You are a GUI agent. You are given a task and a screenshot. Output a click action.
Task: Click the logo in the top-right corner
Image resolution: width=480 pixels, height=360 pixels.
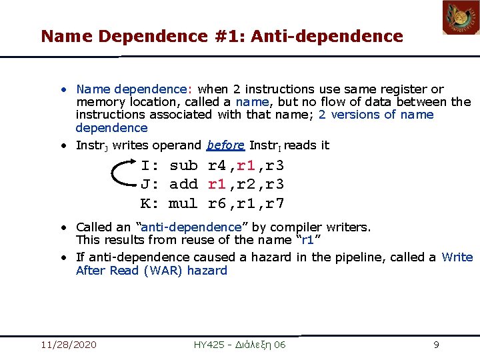[x=461, y=17]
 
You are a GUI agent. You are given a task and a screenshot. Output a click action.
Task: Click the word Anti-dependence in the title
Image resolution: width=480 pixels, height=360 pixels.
[x=328, y=36]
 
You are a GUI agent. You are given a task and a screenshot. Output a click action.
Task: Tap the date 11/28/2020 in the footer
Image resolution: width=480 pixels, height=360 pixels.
[x=68, y=345]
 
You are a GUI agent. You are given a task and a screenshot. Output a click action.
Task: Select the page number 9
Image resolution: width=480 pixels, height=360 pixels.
[x=436, y=345]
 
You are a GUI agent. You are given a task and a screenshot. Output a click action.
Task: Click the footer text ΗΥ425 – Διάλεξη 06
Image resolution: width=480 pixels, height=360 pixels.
[x=239, y=345]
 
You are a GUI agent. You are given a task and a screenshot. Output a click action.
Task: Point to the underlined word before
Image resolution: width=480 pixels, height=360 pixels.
[x=225, y=145]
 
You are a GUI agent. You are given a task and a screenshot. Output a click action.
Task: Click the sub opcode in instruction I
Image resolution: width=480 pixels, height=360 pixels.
[x=183, y=165]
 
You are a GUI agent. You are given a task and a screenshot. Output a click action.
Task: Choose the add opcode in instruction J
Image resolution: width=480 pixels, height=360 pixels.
[x=183, y=184]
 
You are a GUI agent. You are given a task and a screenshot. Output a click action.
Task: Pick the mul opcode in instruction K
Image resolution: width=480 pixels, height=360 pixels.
[x=183, y=203]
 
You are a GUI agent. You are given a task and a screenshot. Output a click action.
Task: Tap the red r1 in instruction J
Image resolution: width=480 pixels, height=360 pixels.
[x=217, y=184]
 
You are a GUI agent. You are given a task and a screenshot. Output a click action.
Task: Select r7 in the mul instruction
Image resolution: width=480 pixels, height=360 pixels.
[x=276, y=203]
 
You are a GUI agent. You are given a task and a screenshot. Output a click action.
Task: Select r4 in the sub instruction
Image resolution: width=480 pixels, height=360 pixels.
[x=217, y=165]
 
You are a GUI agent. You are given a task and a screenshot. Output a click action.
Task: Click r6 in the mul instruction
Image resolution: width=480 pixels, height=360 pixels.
[x=217, y=203]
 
